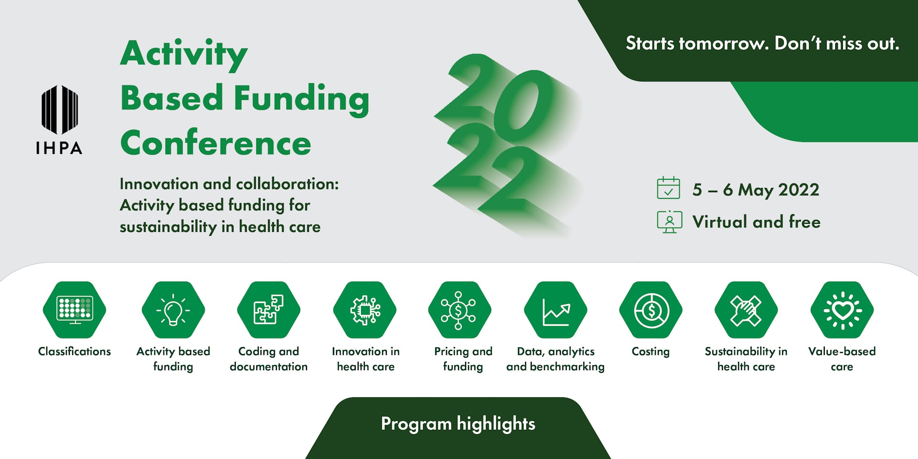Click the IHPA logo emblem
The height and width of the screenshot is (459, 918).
[60, 109]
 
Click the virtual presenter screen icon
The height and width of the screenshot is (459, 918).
[669, 222]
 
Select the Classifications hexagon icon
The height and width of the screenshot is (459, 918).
[75, 310]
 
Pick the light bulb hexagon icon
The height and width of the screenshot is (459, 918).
[173, 310]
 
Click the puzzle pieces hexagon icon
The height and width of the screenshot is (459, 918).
[269, 310]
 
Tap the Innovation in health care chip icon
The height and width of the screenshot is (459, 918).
[365, 310]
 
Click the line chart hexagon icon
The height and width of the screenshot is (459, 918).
[556, 310]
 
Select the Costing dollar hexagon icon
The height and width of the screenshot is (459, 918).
[651, 310]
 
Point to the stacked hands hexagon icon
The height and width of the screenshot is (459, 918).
[746, 310]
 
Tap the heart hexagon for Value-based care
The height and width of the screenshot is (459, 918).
[842, 310]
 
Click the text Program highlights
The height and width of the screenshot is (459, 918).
[458, 424]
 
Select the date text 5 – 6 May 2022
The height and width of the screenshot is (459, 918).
[756, 190]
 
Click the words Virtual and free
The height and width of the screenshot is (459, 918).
[756, 222]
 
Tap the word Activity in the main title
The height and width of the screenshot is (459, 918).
[184, 55]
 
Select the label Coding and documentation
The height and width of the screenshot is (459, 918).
[269, 359]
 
